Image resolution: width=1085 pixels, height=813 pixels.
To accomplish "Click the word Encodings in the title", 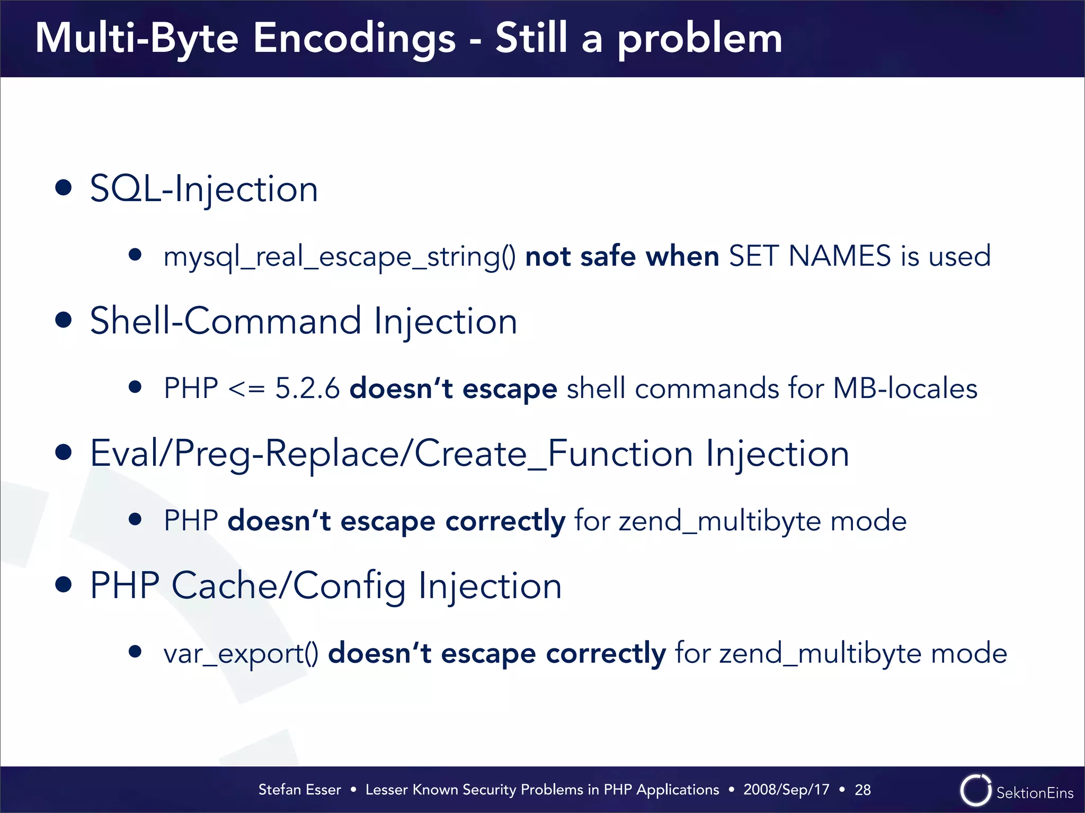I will (x=354, y=39).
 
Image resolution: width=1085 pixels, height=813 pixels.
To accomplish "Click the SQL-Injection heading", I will (x=204, y=189).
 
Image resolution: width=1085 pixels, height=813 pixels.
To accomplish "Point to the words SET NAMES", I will (x=810, y=256).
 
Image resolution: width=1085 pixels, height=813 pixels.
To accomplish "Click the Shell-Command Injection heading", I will (x=303, y=321).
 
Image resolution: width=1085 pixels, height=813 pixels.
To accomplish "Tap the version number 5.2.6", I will (x=307, y=389).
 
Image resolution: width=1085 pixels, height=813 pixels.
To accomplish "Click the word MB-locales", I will (x=905, y=389).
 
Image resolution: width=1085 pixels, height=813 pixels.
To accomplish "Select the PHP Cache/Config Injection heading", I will (x=325, y=586).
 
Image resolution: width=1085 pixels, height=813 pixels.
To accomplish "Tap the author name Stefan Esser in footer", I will (x=299, y=790).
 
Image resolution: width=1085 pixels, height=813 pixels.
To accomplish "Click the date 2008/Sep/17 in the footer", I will (x=786, y=790).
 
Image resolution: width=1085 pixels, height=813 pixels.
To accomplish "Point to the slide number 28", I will (x=862, y=790).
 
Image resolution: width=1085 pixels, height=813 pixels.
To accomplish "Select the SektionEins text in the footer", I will (x=1035, y=793).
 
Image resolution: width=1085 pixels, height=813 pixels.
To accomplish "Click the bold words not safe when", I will (x=622, y=256).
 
